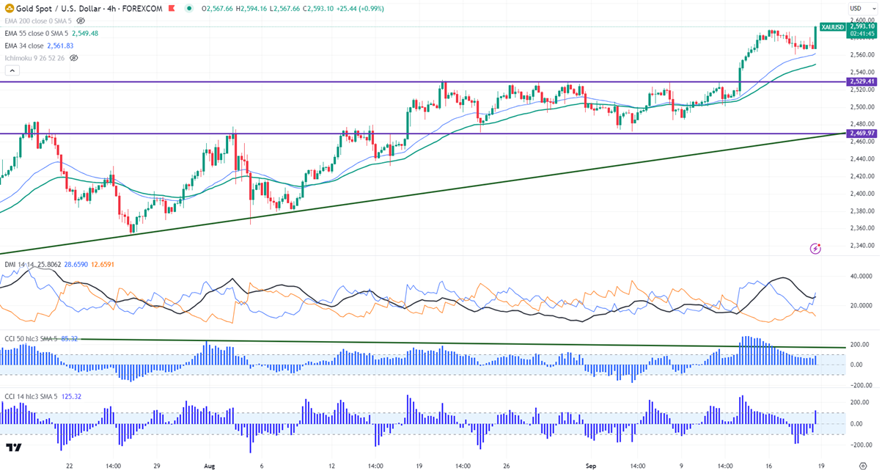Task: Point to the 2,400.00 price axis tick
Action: coord(860,194)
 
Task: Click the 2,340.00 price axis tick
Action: coord(860,246)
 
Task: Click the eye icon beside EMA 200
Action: coord(81,21)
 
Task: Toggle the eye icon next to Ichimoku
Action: coord(73,57)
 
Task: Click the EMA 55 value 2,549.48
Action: coord(86,33)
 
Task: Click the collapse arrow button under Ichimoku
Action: coord(12,70)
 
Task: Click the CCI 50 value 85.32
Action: coord(70,339)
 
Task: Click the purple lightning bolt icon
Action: coord(815,249)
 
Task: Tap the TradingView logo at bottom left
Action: coord(13,448)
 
